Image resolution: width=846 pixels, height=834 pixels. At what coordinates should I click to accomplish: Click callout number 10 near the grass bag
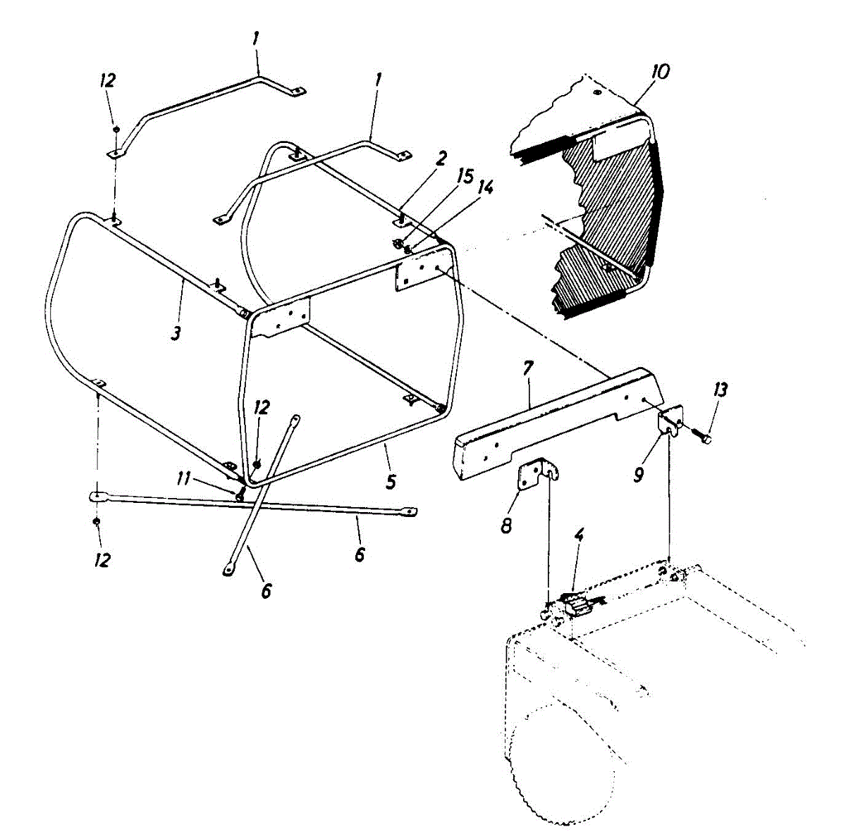pyautogui.click(x=661, y=71)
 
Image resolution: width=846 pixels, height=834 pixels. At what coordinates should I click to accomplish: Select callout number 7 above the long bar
pyautogui.click(x=528, y=368)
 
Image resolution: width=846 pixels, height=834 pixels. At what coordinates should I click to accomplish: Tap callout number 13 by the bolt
pyautogui.click(x=720, y=389)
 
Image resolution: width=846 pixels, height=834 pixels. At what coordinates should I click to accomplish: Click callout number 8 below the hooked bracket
pyautogui.click(x=505, y=525)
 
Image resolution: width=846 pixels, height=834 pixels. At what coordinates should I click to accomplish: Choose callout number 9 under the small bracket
pyautogui.click(x=637, y=475)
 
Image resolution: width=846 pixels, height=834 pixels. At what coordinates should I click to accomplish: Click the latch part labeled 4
pyautogui.click(x=576, y=604)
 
